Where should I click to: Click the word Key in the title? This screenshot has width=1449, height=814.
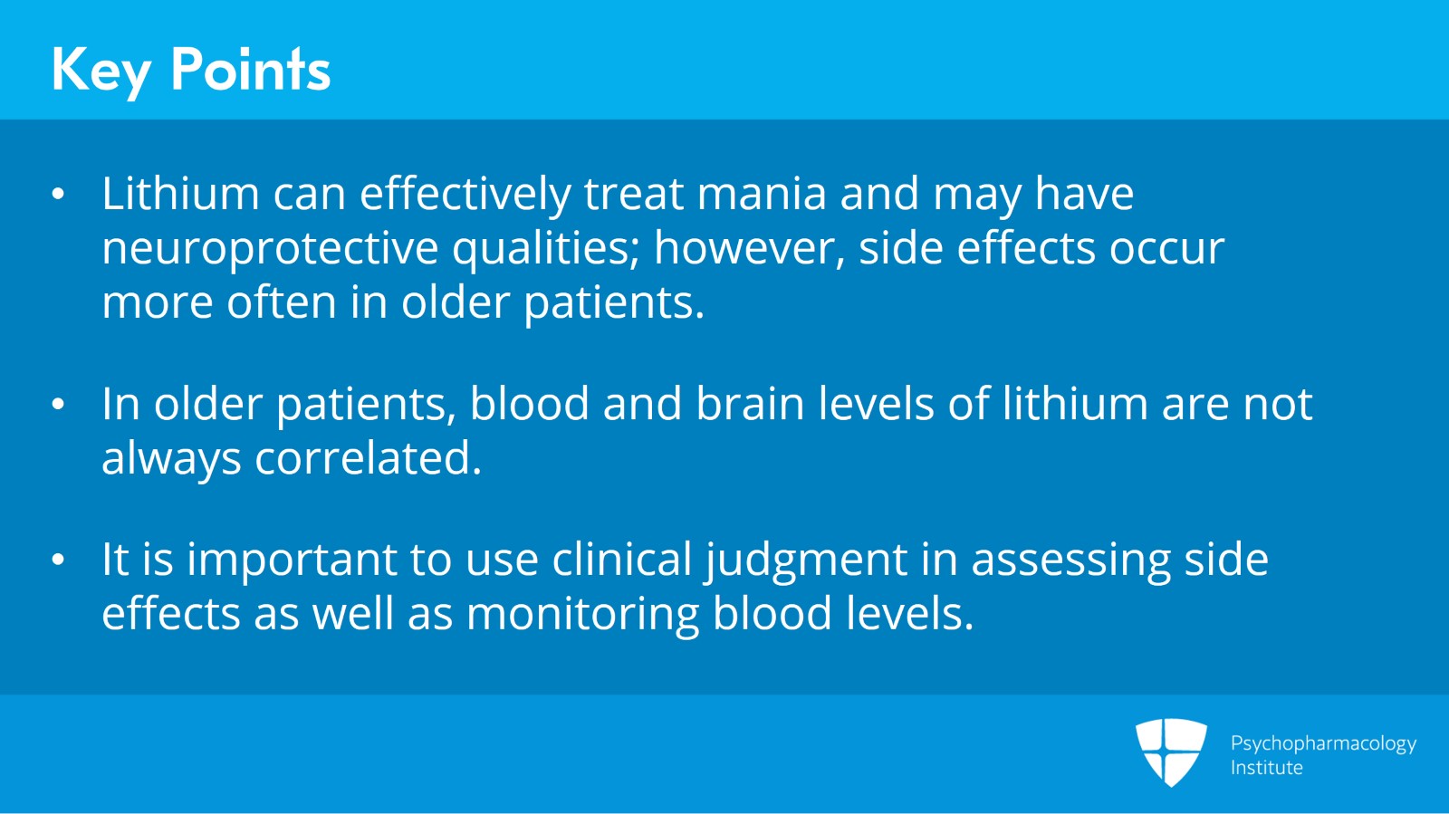(x=101, y=72)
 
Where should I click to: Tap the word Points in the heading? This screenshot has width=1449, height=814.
(x=251, y=69)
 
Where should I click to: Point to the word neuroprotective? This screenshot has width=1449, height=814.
(x=270, y=250)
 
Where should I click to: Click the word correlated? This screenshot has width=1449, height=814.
(x=368, y=458)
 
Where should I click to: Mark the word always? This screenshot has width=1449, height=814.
(x=171, y=460)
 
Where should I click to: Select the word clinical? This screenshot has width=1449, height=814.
(x=621, y=559)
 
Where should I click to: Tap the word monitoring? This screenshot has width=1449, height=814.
(x=582, y=615)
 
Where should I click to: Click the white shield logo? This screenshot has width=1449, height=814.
(x=1172, y=752)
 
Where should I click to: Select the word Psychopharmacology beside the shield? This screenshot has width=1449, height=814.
(x=1323, y=745)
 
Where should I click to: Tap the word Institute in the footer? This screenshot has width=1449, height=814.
(x=1267, y=768)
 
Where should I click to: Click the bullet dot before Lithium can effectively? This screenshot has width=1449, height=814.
(x=58, y=194)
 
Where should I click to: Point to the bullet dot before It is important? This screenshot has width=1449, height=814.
(x=58, y=560)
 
